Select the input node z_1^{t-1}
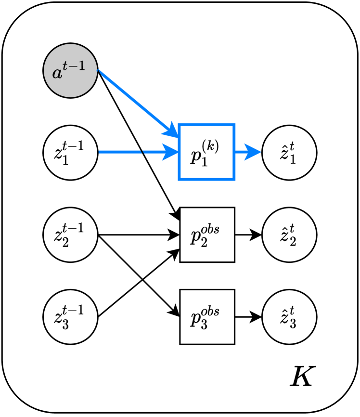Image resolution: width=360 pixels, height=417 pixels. click(x=70, y=153)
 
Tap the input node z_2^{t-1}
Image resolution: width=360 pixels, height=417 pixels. click(x=70, y=235)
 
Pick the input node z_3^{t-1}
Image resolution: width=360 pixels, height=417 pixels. click(x=70, y=317)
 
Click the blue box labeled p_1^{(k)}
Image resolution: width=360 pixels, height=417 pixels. click(x=206, y=152)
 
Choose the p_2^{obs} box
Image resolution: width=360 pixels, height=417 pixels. click(x=207, y=235)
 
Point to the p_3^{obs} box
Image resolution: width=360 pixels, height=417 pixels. click(x=207, y=317)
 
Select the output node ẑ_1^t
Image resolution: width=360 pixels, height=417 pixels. click(x=289, y=153)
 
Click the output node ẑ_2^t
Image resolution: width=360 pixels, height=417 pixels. click(x=289, y=235)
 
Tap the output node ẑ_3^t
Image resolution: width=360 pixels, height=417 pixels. click(x=289, y=317)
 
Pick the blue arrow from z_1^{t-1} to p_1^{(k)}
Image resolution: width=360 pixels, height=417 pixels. click(x=137, y=153)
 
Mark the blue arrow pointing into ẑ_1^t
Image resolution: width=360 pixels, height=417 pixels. click(x=247, y=153)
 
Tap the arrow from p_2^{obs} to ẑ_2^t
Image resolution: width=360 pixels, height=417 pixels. click(x=247, y=235)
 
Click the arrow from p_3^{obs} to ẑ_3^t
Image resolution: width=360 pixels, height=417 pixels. click(x=247, y=317)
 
